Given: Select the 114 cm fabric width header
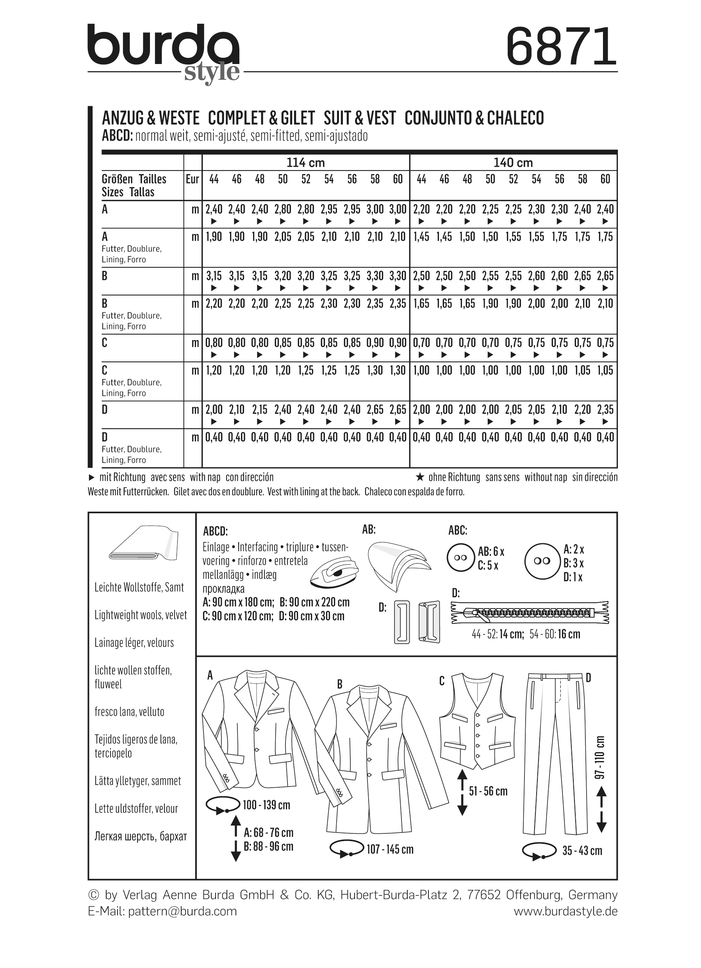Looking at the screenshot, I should coord(305,163).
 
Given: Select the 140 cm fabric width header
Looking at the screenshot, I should coord(513,163).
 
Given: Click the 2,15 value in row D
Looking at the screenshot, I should coord(260,410).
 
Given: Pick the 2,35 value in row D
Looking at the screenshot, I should coord(605,410).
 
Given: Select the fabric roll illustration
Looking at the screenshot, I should coord(143,544).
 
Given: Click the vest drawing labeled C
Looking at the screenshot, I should coord(477,721).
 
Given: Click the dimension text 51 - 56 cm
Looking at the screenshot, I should coord(488,791).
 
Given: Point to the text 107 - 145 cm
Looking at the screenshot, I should coord(390,849).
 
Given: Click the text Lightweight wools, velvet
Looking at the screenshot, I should coord(141,615).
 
